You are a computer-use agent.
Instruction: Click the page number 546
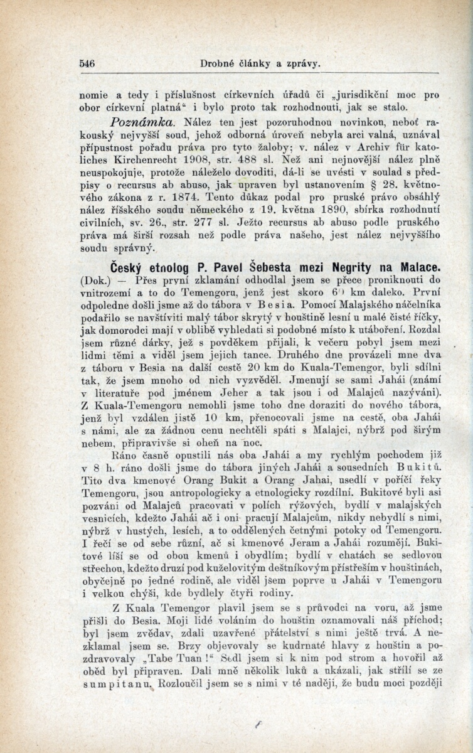coord(87,63)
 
